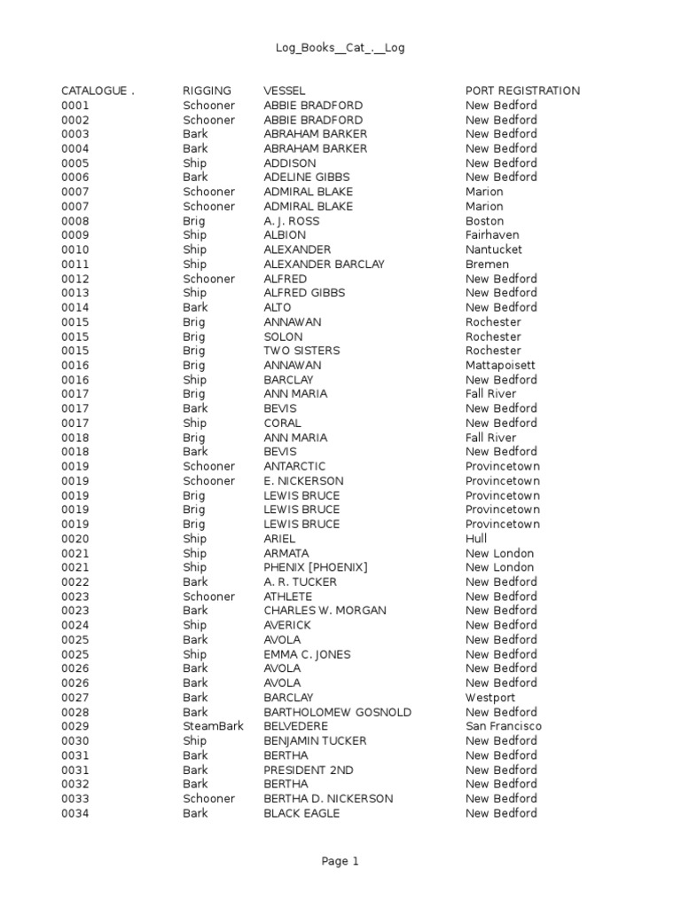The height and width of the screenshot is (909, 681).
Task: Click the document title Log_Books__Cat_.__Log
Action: pos(340,48)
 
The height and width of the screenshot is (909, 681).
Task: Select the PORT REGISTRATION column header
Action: pos(522,91)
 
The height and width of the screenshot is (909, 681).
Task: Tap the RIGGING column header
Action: pos(207,91)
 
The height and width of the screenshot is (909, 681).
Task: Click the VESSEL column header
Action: pos(285,91)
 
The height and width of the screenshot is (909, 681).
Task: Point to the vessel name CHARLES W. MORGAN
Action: pos(325,611)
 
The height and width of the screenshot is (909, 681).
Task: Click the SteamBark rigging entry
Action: pos(213,726)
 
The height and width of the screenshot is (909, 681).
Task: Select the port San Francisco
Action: pos(504,726)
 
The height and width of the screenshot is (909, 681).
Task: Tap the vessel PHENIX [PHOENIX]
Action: pos(315,567)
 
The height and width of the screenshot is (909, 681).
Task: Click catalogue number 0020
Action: pos(75,539)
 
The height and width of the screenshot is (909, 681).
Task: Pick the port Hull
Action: pos(476,539)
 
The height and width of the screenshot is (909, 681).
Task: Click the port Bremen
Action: pos(487,264)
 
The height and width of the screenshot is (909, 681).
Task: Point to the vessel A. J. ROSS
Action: pos(291,221)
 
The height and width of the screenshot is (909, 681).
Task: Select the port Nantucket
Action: pos(494,249)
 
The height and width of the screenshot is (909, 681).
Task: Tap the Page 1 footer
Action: pos(340,861)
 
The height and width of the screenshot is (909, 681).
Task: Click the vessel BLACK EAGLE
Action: pos(301,813)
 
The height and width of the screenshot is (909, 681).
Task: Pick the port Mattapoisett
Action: pos(500,365)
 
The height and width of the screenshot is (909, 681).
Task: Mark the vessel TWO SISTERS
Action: pos(301,351)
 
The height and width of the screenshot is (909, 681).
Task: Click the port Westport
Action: pos(490,698)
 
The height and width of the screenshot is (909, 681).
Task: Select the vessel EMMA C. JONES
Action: pos(307,654)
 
